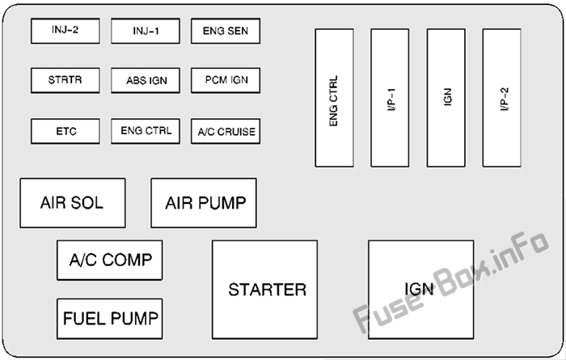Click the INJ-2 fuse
click(x=65, y=32)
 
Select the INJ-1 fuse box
click(x=146, y=32)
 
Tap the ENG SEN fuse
click(x=226, y=32)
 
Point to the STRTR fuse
click(x=65, y=81)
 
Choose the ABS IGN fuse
click(x=146, y=81)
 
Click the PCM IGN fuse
click(x=226, y=81)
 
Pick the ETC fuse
click(x=65, y=131)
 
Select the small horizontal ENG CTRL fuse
click(x=146, y=131)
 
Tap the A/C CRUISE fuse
click(x=226, y=131)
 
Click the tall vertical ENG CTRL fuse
click(x=334, y=98)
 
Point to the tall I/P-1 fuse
click(x=390, y=98)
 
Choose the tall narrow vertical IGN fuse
click(x=446, y=98)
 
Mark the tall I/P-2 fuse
click(x=501, y=98)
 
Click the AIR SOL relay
click(x=73, y=203)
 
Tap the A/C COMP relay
click(x=110, y=260)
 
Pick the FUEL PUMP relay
click(x=110, y=318)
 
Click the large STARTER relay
click(x=264, y=289)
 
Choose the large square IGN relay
click(x=420, y=289)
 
